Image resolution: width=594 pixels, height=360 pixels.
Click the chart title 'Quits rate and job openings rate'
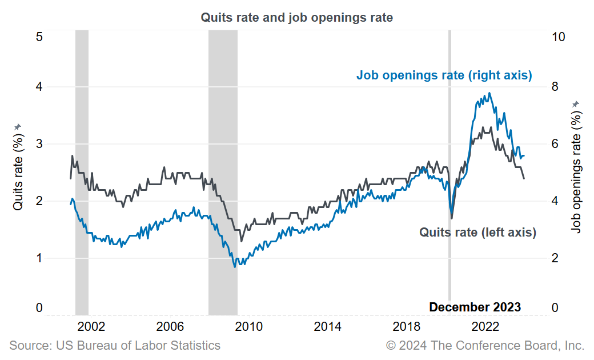[296, 18]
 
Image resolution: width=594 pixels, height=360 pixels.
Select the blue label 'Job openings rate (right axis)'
[444, 75]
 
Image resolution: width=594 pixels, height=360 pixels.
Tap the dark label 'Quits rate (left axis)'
[477, 232]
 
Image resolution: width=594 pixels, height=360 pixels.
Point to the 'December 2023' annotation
[475, 307]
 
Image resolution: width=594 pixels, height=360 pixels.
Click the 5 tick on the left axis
[39, 37]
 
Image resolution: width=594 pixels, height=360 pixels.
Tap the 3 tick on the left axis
[39, 144]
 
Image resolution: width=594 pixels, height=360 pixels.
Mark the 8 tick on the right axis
[555, 87]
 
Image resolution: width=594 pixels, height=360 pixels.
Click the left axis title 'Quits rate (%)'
[18, 171]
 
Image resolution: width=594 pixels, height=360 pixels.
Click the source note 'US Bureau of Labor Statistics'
[115, 345]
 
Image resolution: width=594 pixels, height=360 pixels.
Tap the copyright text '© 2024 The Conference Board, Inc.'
[485, 345]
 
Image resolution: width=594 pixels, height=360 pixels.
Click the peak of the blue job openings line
[489, 93]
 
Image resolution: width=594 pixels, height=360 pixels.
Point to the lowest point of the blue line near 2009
[234, 267]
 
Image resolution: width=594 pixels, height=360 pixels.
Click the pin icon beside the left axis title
[18, 126]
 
